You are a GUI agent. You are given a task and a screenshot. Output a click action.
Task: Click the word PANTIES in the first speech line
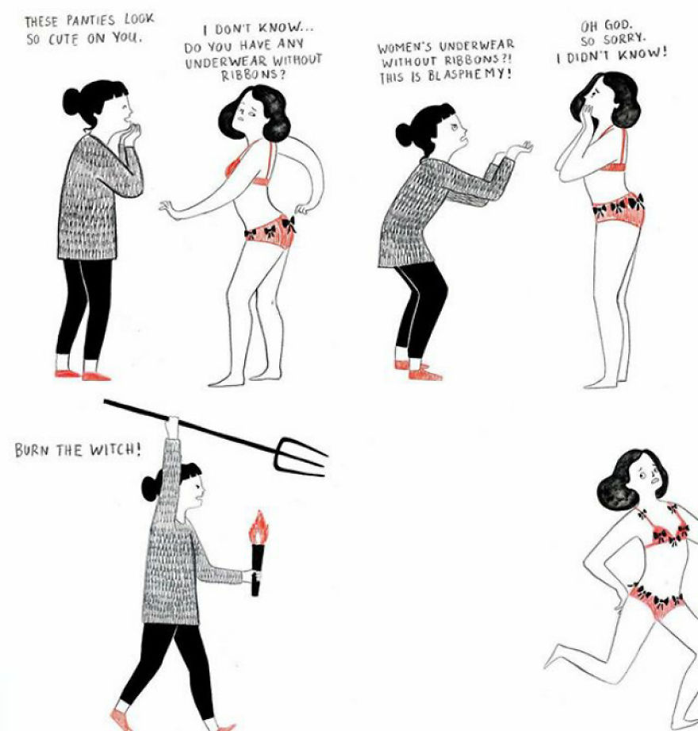coord(90,21)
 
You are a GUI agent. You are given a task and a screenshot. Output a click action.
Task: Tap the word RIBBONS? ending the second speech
coord(252,75)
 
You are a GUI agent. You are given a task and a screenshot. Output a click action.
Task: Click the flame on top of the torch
coord(258,528)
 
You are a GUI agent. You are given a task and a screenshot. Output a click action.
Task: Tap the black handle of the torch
coord(255,570)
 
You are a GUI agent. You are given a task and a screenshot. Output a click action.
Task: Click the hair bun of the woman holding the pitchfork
coord(151,488)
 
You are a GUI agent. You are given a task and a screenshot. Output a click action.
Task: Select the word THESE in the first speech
coord(43,21)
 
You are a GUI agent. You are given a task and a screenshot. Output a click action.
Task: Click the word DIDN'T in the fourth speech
coord(588,56)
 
